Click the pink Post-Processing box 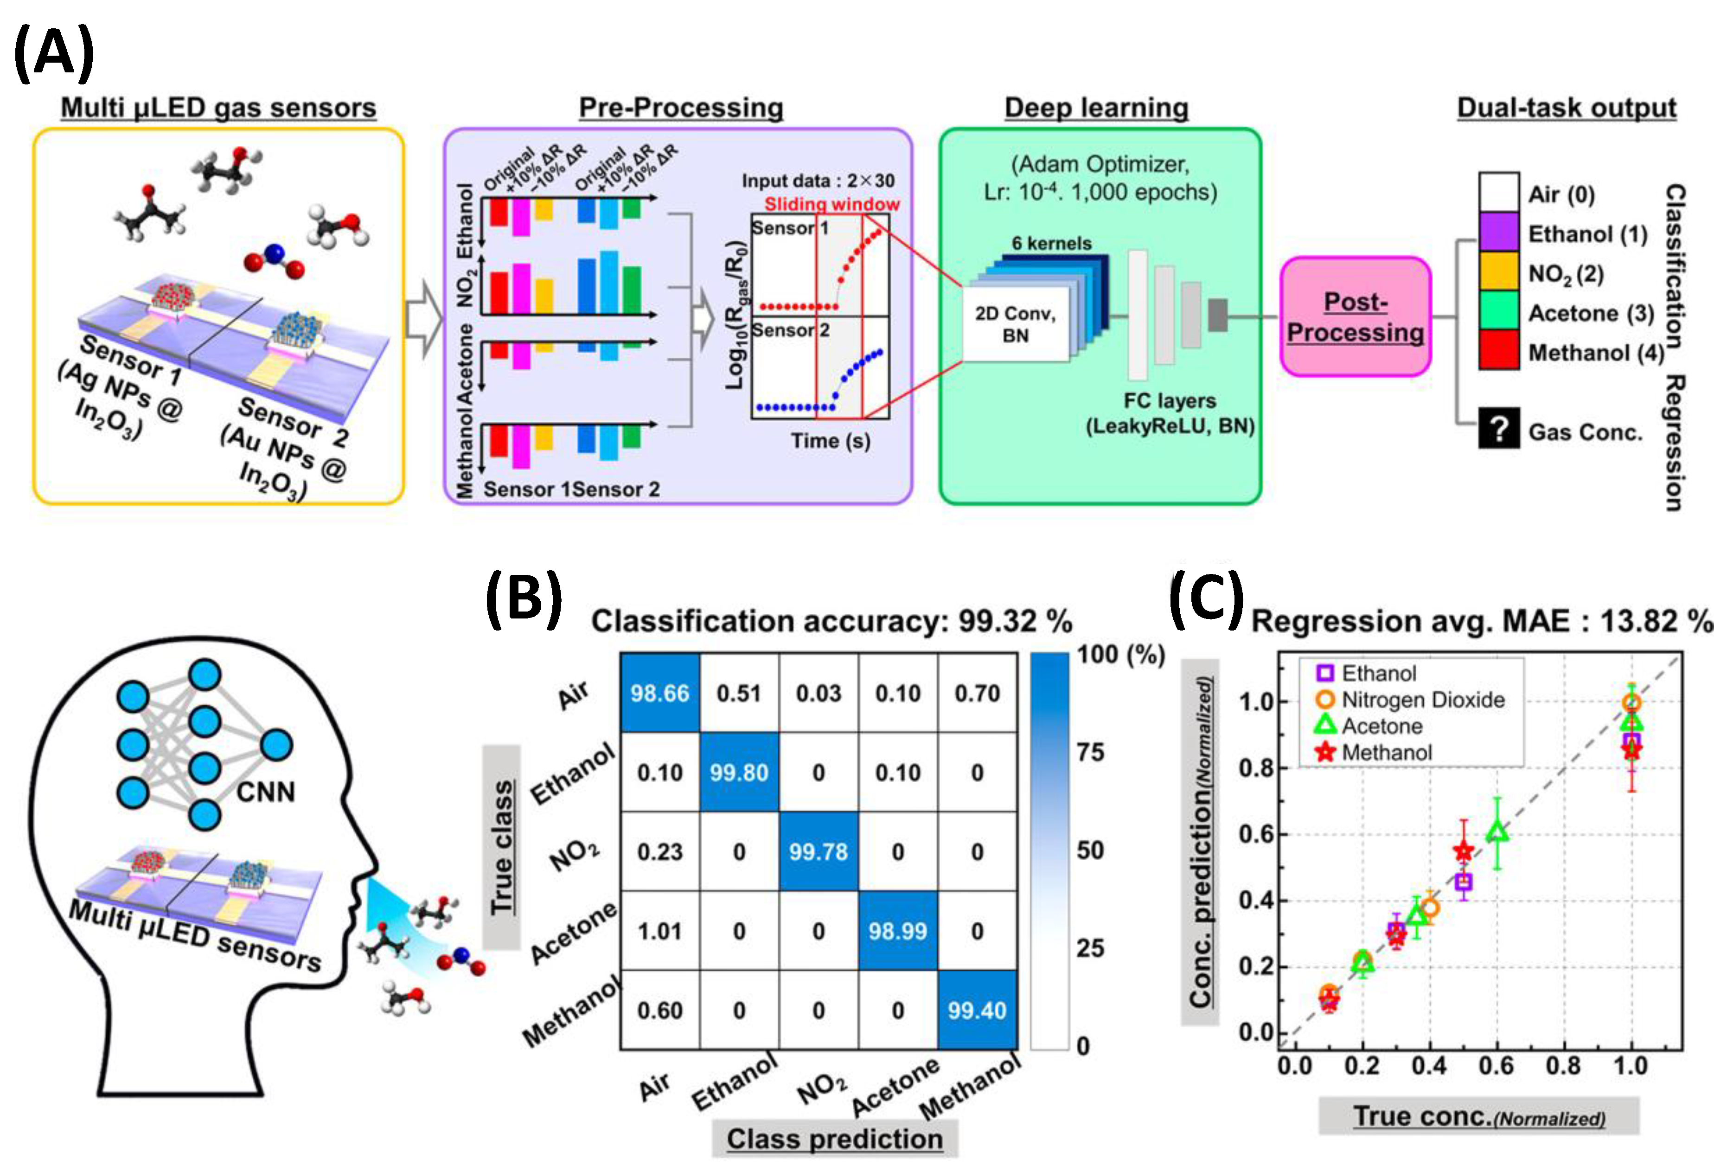click(x=1355, y=316)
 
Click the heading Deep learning click(x=1096, y=108)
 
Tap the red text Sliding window click(x=831, y=204)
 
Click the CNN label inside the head click(x=265, y=792)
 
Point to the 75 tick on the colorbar click(x=1090, y=752)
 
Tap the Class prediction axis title click(x=834, y=1139)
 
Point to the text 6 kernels click(x=1051, y=243)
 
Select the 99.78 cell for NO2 click(x=818, y=852)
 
